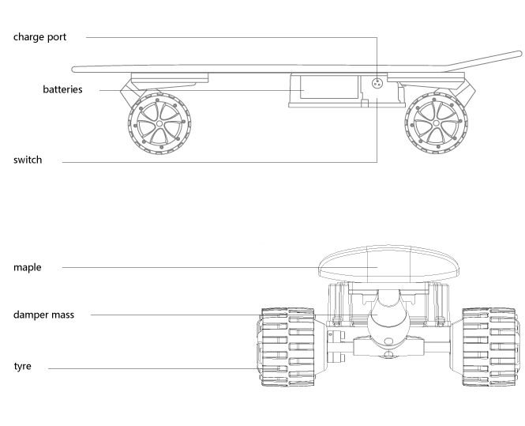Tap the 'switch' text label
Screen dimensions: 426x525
[28, 160]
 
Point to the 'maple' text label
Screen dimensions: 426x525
[27, 268]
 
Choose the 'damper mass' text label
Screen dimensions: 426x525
[45, 315]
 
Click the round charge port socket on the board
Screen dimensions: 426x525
[377, 83]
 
